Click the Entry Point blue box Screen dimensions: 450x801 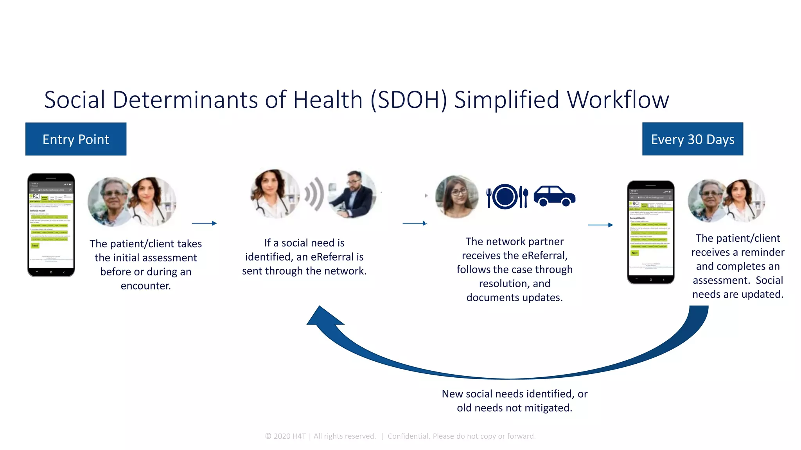coord(76,139)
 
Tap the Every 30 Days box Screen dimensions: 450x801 coord(692,139)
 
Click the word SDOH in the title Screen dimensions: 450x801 coord(409,100)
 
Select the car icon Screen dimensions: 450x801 coord(554,196)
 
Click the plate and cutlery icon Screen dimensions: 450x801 coord(507,196)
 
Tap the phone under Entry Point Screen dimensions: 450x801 coord(51,225)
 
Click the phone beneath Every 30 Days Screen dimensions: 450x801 coord(650,232)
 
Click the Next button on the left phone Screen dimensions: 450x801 coord(35,246)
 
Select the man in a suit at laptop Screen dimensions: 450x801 coord(352,194)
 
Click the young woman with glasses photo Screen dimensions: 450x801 coord(457,196)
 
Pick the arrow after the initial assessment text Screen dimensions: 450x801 coord(204,223)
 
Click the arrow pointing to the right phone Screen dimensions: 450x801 coord(600,225)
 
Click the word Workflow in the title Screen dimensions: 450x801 coord(618,100)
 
